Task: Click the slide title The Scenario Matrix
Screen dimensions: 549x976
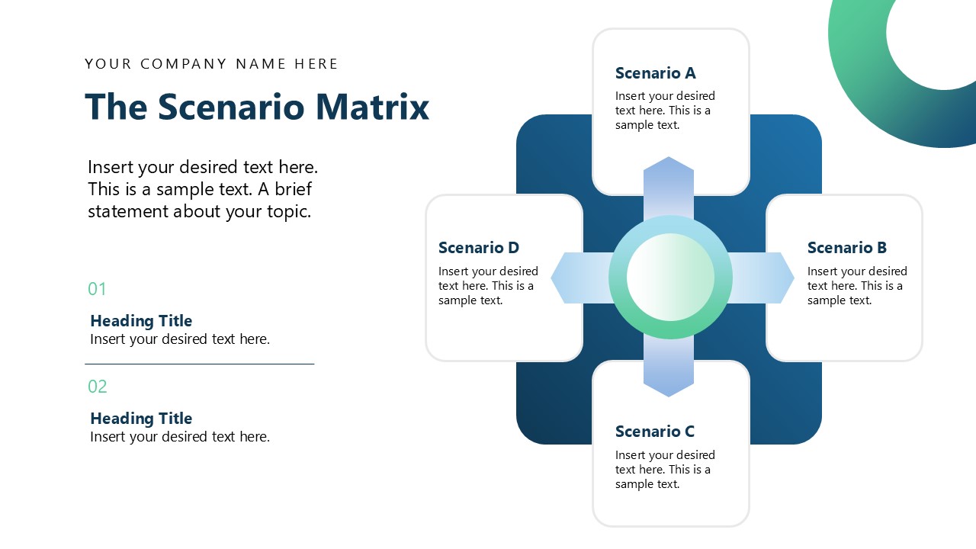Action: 257,107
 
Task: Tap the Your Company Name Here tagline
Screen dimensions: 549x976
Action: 211,64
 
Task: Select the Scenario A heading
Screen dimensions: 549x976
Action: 655,73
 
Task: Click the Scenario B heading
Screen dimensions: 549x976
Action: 846,248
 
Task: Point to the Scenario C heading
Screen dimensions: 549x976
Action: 654,432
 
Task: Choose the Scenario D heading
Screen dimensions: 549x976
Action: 478,248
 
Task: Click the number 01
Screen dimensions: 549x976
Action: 97,289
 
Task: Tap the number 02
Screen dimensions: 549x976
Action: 97,387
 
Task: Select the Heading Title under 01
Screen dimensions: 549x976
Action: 141,321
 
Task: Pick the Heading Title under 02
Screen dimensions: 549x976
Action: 141,419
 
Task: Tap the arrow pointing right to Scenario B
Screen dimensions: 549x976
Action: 762,278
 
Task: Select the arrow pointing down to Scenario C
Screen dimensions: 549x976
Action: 669,371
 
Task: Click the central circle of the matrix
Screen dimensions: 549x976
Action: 670,277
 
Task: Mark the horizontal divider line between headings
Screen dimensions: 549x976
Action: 199,364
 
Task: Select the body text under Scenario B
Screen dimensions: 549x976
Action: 857,286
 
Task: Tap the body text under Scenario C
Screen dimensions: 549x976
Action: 665,470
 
